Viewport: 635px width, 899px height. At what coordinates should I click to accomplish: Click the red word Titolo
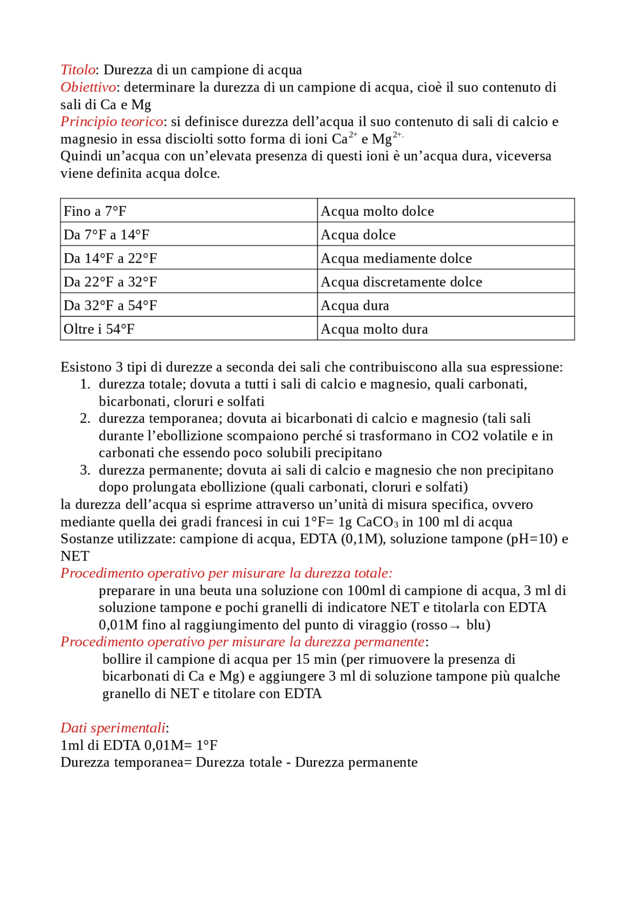tap(78, 70)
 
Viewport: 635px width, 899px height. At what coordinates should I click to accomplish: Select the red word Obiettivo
tap(88, 87)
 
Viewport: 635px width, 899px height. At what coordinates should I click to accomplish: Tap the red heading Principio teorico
tap(112, 122)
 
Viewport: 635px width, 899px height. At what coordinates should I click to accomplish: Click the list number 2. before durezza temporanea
tap(85, 418)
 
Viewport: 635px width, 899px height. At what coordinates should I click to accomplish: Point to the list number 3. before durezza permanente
tap(85, 470)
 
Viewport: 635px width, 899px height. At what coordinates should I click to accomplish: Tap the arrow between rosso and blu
tap(455, 626)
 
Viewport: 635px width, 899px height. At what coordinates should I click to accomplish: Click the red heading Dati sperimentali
tap(113, 728)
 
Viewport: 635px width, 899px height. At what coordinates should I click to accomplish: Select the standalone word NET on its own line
tap(75, 556)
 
